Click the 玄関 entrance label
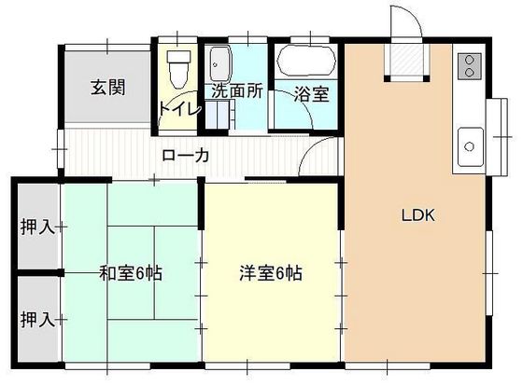pos(108,89)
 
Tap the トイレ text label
pos(179,108)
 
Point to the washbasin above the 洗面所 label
pos(221,63)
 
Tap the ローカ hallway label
pos(185,156)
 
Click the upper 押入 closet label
pos(36,226)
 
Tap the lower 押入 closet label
pos(36,320)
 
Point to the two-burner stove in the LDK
pos(466,66)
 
